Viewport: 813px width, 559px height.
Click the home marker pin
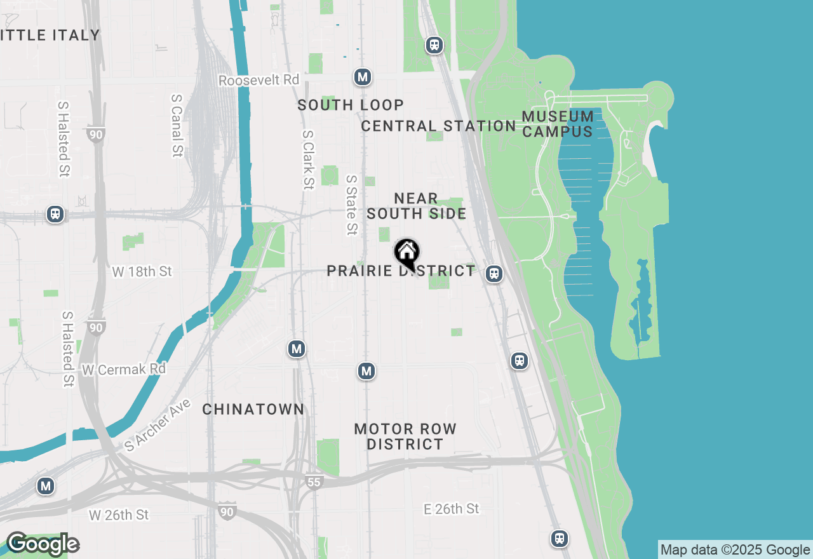[406, 253]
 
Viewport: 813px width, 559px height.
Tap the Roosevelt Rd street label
[259, 81]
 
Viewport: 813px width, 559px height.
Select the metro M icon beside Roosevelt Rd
[363, 77]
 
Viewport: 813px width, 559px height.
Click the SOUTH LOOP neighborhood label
[351, 105]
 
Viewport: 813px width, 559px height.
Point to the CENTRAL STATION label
[438, 126]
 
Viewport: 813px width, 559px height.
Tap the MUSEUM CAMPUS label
[558, 124]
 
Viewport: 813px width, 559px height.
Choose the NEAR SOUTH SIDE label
[416, 206]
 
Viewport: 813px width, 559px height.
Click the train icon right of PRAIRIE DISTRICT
[494, 274]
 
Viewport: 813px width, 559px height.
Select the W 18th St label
[142, 271]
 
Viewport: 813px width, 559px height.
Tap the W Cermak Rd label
[124, 369]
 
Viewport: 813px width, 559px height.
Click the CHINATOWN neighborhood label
[253, 409]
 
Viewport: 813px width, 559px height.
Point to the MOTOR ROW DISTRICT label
[405, 436]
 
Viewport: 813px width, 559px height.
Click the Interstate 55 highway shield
[314, 482]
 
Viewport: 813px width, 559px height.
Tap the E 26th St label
[452, 509]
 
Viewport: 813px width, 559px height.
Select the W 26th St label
[119, 515]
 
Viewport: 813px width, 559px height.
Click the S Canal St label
[177, 126]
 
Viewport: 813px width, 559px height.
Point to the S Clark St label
[308, 160]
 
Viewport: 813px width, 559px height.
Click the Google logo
[43, 544]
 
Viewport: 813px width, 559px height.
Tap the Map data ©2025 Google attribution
[735, 550]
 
